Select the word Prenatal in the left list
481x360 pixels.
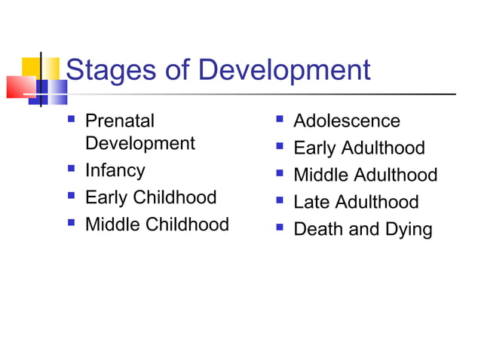[119, 121]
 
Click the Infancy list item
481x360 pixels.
[115, 171]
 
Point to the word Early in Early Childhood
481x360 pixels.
[106, 197]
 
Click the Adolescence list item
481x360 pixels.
[346, 121]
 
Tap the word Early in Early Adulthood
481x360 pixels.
[314, 148]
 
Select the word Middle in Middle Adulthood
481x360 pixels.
[320, 175]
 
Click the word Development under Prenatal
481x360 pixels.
[139, 143]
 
